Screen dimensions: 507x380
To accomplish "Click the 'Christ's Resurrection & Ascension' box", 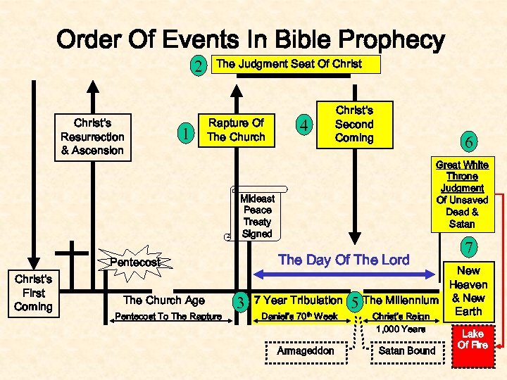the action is click(92, 137).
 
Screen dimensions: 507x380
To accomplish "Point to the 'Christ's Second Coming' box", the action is click(354, 125).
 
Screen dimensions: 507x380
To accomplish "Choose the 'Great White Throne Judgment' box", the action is click(461, 194).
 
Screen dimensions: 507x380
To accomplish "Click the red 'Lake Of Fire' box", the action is click(472, 339).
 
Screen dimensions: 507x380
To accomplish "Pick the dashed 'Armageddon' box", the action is click(306, 350).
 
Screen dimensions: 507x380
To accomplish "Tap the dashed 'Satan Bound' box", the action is click(407, 350).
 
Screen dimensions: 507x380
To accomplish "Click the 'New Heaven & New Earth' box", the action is click(468, 291).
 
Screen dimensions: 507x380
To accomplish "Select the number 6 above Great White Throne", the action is click(466, 141).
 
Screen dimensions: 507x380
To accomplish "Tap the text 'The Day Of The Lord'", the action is click(344, 260).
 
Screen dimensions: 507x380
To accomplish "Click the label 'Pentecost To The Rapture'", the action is click(168, 317).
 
